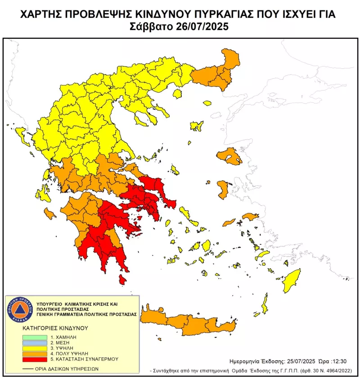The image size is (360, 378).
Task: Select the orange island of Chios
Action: point(222,189)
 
